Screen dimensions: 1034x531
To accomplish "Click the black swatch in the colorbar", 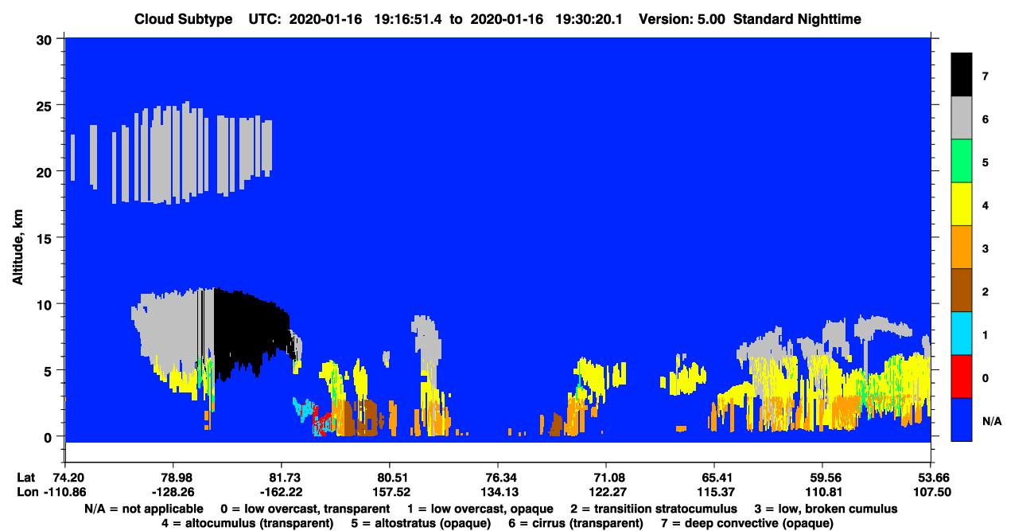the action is (x=961, y=74).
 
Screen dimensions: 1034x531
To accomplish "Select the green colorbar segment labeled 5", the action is (x=961, y=161).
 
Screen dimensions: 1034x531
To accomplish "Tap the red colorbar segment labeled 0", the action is (x=961, y=377).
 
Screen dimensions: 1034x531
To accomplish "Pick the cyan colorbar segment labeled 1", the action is (x=961, y=334).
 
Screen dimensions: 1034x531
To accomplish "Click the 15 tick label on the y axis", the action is (x=44, y=238).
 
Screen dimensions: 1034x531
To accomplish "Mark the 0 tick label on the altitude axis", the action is (x=48, y=437).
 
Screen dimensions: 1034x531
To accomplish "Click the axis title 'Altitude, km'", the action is (x=17, y=248).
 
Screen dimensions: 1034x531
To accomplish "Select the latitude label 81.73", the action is (x=281, y=478).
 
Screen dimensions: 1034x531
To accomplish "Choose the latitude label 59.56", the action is (x=822, y=478).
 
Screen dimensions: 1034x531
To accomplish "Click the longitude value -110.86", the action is (x=65, y=492).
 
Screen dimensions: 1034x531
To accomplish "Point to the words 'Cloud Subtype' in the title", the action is (x=183, y=19).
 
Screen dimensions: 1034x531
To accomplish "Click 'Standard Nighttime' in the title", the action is (x=797, y=19).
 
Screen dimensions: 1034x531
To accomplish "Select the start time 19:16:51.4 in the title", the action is (x=407, y=19).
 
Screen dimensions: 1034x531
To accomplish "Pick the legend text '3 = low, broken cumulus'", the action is (x=826, y=509).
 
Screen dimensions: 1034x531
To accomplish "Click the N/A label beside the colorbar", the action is (x=992, y=421).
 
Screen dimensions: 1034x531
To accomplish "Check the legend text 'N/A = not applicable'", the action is (x=143, y=509).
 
